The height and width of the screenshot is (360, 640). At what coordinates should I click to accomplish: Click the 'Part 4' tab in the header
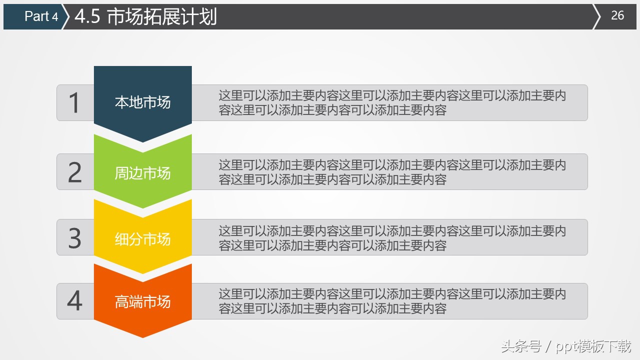tap(41, 16)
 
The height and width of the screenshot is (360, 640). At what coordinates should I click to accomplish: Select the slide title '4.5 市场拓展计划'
tap(145, 17)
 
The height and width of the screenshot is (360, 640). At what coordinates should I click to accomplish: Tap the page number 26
tap(618, 16)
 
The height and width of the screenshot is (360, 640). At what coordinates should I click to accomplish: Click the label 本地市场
tap(143, 102)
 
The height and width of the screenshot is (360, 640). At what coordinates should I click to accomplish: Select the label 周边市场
tap(143, 173)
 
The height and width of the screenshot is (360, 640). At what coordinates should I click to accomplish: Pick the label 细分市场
tap(143, 239)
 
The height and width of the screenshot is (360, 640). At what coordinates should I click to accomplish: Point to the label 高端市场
tap(143, 302)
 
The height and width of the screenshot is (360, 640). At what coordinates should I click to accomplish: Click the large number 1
tap(74, 103)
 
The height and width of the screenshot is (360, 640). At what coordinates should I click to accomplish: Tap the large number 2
tap(74, 172)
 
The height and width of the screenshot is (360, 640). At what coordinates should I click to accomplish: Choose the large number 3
tap(74, 238)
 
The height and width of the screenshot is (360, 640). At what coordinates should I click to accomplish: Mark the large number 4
tap(74, 301)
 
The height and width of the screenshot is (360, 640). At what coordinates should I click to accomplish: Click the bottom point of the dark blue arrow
tap(143, 141)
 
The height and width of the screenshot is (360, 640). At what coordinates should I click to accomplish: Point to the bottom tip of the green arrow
tap(143, 207)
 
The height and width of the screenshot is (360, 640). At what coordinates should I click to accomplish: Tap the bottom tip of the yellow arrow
tap(143, 273)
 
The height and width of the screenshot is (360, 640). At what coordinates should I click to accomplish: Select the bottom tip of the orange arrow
tap(143, 337)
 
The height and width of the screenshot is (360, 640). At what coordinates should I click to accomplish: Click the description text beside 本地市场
tap(392, 103)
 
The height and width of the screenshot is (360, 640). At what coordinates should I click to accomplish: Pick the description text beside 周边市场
tap(392, 172)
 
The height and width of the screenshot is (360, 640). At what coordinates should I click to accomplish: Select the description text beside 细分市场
tap(392, 238)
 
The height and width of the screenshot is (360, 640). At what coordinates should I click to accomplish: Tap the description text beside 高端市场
tap(392, 301)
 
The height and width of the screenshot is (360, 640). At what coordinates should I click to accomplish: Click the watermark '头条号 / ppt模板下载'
tap(566, 346)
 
